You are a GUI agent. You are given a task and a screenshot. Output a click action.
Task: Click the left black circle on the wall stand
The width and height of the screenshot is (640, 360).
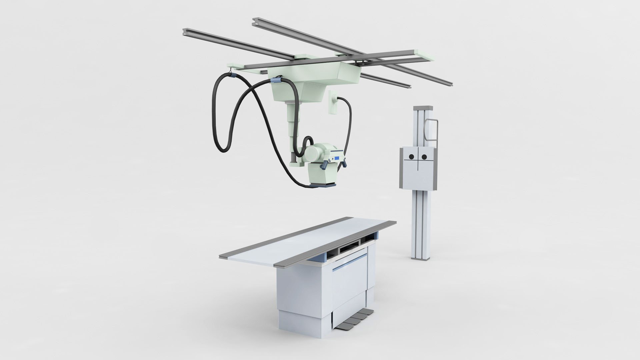point(411,157)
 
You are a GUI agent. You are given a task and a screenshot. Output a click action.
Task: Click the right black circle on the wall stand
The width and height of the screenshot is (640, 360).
point(424,157)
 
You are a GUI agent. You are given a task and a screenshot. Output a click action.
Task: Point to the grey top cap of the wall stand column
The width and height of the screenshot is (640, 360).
point(423,108)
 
